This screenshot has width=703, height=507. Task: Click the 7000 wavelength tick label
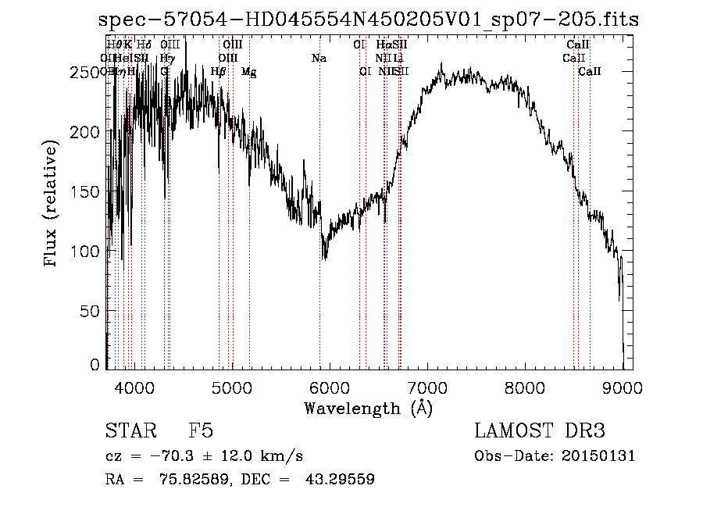[x=426, y=386]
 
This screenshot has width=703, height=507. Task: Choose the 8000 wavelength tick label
[x=524, y=386]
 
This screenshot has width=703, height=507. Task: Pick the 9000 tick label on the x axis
[x=622, y=386]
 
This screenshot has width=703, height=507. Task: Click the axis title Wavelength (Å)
[x=367, y=408]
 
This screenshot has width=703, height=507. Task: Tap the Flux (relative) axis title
[x=52, y=205]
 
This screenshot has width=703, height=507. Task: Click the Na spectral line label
[x=319, y=58]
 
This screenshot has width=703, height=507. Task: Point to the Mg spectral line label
[x=248, y=72]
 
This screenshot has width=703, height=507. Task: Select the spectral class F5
[x=202, y=432]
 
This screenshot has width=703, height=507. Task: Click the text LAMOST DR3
[x=540, y=432]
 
